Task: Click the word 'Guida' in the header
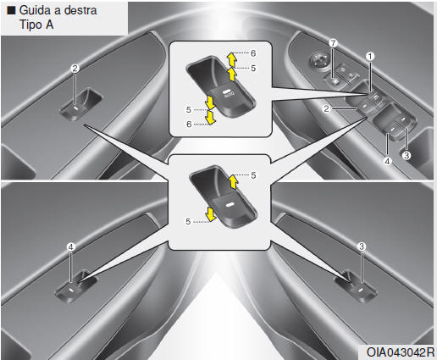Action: tap(36, 10)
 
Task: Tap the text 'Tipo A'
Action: tap(36, 25)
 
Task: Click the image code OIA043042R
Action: tap(401, 352)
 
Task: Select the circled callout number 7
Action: tap(333, 43)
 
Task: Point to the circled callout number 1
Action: tap(370, 57)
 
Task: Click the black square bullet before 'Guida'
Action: tap(11, 10)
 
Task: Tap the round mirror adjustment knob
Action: tap(319, 60)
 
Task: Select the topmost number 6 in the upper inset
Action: tap(253, 53)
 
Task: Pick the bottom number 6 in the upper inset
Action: tap(189, 125)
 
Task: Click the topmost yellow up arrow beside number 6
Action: tap(232, 58)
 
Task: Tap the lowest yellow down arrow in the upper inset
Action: tap(210, 118)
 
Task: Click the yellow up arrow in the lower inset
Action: tap(233, 181)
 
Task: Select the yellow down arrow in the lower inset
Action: tap(210, 214)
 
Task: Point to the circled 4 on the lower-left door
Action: tap(70, 247)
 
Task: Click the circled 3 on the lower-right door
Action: tap(362, 246)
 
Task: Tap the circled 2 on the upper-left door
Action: tap(75, 69)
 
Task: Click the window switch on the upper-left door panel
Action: tap(81, 104)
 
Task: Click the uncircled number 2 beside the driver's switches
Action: tap(326, 108)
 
